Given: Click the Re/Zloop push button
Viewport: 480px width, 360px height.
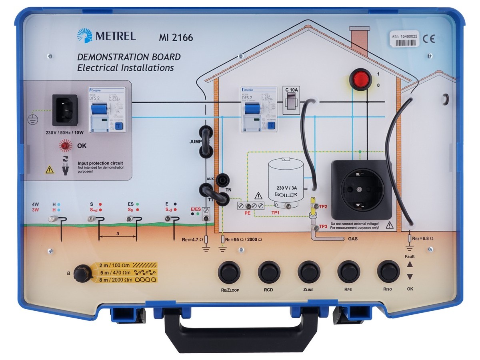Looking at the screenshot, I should click(229, 272).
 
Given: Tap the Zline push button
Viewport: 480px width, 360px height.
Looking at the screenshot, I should click(309, 272).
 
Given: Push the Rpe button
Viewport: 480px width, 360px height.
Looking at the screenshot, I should click(349, 272).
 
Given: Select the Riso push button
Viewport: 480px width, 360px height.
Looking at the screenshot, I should click(388, 272).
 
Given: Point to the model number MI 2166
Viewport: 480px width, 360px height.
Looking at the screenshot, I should click(176, 38).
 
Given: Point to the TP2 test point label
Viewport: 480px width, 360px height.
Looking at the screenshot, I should click(323, 206).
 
